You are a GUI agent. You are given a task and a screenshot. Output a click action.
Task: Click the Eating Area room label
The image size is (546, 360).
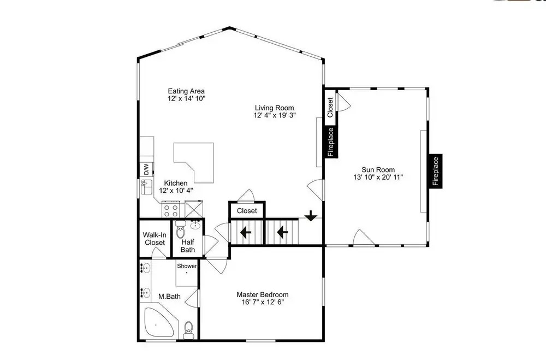tap(186, 91)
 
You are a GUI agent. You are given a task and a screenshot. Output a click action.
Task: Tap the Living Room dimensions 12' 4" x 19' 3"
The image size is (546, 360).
tap(275, 115)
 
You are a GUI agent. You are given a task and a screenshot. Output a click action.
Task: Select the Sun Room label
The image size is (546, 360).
tap(378, 170)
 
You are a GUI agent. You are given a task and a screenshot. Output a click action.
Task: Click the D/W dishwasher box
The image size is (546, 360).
tap(146, 169)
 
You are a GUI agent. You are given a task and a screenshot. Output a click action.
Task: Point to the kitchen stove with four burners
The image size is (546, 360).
tap(171, 209)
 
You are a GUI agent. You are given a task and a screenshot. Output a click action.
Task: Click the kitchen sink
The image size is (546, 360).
tap(146, 187)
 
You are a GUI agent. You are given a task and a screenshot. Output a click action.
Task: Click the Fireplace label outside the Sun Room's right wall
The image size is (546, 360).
tap(436, 171)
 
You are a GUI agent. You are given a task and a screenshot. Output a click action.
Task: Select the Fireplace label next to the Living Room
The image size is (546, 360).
tap(331, 142)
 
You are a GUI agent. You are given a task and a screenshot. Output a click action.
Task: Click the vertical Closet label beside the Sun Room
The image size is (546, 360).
tap(330, 107)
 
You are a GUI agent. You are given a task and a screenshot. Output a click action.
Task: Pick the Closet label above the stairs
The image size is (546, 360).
tap(247, 211)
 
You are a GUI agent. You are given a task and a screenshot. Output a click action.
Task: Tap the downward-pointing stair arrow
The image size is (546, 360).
tap(311, 216)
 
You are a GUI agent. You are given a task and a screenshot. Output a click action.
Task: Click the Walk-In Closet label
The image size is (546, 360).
tap(155, 239)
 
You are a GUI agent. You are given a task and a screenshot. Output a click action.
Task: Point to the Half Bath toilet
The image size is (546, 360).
tap(181, 229)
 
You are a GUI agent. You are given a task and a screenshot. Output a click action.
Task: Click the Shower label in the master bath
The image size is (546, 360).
tap(187, 266)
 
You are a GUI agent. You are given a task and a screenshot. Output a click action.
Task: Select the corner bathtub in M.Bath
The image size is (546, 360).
tap(159, 322)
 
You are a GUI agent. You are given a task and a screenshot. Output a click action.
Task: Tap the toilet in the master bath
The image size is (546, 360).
tap(188, 329)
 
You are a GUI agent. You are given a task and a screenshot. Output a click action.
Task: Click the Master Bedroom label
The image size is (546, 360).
tap(263, 294)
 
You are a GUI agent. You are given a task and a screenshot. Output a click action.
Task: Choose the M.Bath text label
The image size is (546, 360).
tap(170, 297)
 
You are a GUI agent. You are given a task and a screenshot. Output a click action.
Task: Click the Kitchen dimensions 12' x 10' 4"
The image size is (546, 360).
tap(176, 191)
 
